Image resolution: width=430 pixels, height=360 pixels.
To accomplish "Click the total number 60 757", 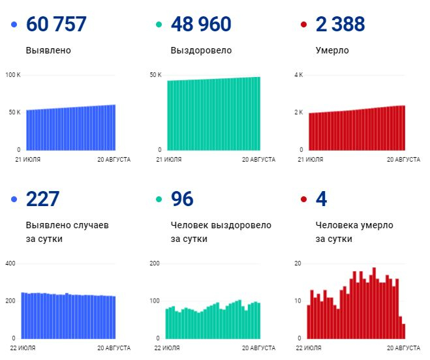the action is [x=56, y=24].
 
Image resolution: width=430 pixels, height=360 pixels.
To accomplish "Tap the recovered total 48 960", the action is [x=201, y=24].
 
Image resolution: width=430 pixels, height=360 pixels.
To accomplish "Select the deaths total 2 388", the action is [x=341, y=24].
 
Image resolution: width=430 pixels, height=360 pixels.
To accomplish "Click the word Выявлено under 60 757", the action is [x=48, y=50].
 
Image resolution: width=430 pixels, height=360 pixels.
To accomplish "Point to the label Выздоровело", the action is [x=201, y=50].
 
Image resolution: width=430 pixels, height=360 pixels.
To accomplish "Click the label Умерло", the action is [x=332, y=50].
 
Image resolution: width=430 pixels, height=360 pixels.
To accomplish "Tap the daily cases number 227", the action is [x=42, y=199].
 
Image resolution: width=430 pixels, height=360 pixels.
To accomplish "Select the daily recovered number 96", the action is [x=182, y=199].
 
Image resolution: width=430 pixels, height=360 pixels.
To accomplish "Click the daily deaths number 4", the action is [x=322, y=199].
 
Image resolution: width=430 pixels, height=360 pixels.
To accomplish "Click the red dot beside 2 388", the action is [x=303, y=24].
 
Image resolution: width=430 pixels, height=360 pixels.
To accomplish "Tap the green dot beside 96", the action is [x=159, y=199].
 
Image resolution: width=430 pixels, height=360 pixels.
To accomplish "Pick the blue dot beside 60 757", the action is [x=14, y=24].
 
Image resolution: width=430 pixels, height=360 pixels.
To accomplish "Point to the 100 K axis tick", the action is [x=13, y=75].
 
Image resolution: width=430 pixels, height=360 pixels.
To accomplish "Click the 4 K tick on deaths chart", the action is [x=299, y=75].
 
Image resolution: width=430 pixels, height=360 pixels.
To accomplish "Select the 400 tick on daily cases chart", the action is [x=10, y=263].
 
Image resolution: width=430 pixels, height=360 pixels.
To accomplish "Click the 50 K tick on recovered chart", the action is [x=155, y=75].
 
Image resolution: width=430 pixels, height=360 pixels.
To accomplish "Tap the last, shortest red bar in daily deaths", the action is [x=404, y=331].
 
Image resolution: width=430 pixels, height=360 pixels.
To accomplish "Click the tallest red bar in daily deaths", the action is [x=374, y=303].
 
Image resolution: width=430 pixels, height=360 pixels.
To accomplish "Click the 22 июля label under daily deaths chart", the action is [x=309, y=348].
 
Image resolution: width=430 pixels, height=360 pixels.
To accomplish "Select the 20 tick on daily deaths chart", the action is [x=298, y=263].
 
